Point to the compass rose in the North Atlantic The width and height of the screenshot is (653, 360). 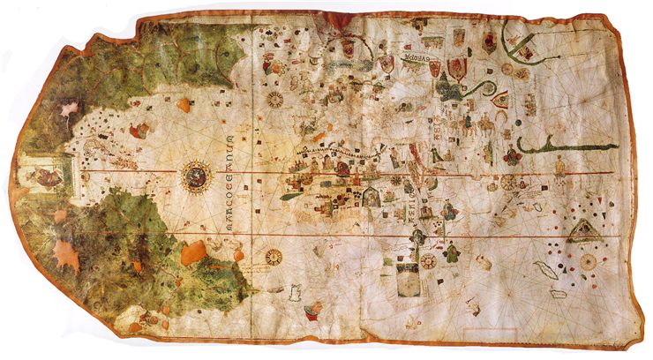[x=275, y=99]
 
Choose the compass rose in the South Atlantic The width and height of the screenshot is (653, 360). [x=274, y=257]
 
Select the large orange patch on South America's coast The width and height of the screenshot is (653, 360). [x=193, y=253]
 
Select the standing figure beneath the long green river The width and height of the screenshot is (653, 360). [x=559, y=165]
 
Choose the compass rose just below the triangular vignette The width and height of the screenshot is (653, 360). [x=588, y=261]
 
